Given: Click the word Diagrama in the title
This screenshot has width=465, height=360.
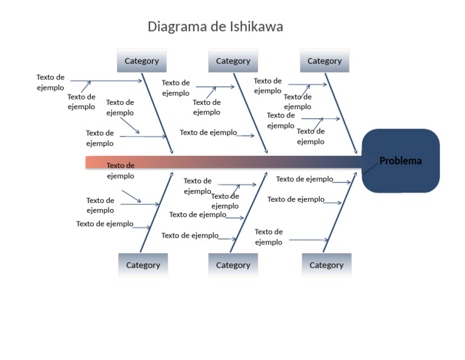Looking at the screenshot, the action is click(177, 27).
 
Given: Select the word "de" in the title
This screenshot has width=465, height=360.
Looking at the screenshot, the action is click(218, 27).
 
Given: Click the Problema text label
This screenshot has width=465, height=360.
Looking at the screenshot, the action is click(400, 161).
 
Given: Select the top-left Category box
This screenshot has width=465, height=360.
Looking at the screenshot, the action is click(142, 61).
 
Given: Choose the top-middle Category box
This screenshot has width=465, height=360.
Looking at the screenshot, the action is click(233, 61).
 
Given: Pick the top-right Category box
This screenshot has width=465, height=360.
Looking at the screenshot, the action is click(325, 61).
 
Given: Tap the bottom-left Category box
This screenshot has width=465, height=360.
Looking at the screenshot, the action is click(143, 265).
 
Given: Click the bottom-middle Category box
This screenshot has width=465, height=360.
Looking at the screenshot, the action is click(233, 265).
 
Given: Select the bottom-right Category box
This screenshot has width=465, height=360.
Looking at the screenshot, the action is click(326, 265).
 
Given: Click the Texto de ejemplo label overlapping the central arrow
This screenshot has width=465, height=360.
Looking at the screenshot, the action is click(120, 171).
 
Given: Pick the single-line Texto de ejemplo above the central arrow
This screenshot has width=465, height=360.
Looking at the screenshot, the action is click(208, 132).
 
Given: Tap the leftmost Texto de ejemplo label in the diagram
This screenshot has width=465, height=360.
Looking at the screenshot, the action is click(50, 82).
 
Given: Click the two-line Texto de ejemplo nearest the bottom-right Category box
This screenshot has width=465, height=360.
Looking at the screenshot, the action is click(269, 237).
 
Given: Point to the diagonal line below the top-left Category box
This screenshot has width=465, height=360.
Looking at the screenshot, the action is click(157, 113).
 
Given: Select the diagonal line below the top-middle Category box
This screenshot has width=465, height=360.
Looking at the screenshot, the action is click(251, 113).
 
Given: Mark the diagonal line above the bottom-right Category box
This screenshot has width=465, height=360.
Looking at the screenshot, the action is click(340, 212).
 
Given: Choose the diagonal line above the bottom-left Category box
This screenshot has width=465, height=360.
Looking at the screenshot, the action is click(157, 212).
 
